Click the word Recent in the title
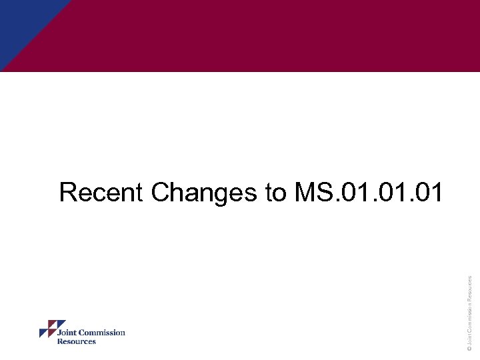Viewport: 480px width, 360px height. (102, 193)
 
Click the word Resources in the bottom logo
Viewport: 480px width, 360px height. (77, 341)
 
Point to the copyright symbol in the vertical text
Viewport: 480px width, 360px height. (469, 347)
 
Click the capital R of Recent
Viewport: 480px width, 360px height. (67, 193)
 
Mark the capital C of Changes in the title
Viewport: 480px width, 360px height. (161, 193)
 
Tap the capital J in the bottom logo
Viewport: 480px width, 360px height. (59, 333)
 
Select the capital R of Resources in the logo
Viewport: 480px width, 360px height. (60, 341)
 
